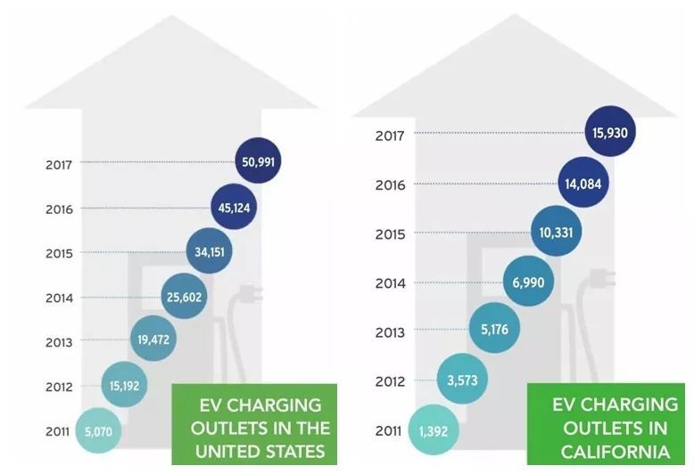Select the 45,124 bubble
click(235, 208)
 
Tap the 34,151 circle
click(211, 252)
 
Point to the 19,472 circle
click(153, 339)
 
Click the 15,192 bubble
click(126, 387)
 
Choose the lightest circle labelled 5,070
click(98, 431)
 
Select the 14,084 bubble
click(583, 184)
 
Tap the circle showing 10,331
click(556, 233)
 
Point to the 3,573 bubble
click(463, 381)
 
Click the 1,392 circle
click(433, 431)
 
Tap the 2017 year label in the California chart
click(390, 135)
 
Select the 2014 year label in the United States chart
click(59, 298)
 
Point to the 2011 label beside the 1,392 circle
click(389, 432)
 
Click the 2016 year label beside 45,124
click(59, 209)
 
